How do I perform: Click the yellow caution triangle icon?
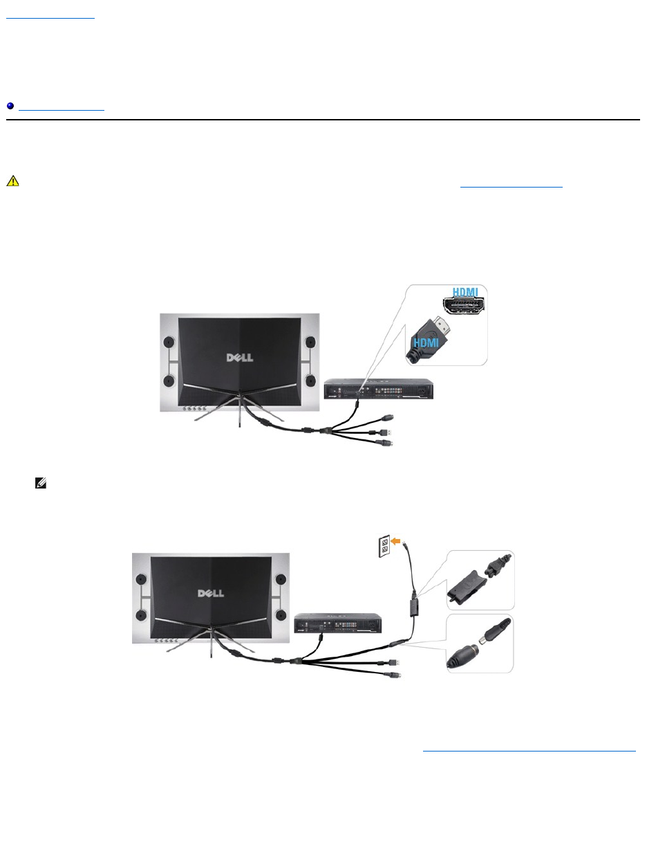coord(12,181)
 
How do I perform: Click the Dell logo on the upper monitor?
coord(240,358)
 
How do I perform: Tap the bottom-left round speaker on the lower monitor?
coord(141,616)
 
